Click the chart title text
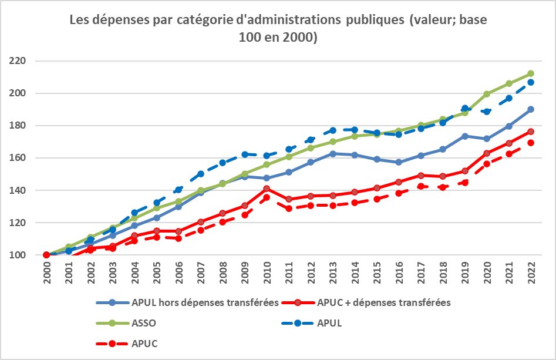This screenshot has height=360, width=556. click(x=278, y=29)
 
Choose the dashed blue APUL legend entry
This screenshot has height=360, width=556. click(x=328, y=323)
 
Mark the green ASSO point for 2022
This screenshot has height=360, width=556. click(x=530, y=73)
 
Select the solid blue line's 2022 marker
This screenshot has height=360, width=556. click(x=530, y=109)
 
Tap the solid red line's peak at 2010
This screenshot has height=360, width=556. click(x=267, y=189)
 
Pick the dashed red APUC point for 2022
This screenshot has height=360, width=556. click(x=530, y=143)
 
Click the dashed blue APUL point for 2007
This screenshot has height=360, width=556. click(x=201, y=174)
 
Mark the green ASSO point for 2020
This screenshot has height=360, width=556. click(x=486, y=94)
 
